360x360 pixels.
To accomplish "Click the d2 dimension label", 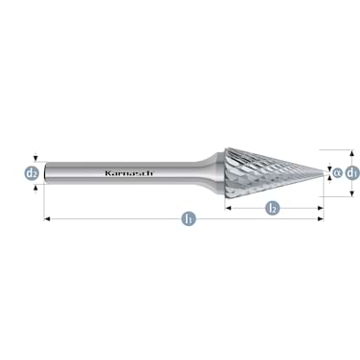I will point(32,173).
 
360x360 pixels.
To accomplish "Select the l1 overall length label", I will point(189,219).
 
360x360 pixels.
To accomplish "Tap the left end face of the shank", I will point(45,173).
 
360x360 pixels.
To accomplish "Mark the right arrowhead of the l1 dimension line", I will point(321,219).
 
